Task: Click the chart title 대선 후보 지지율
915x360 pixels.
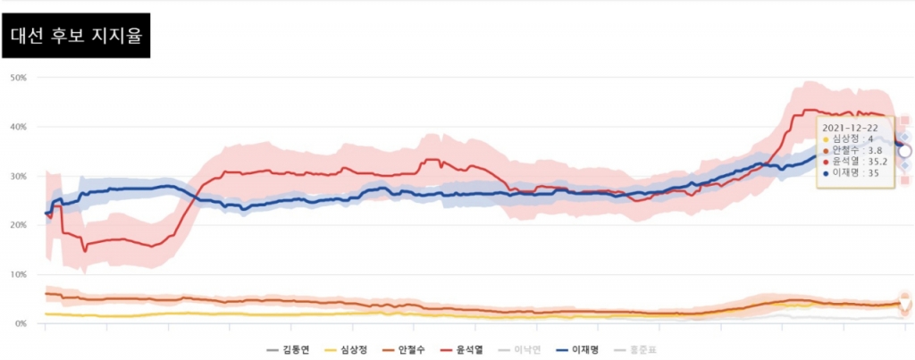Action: (x=76, y=38)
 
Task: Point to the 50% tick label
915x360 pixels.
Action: (x=19, y=78)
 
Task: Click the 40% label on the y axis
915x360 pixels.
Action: (x=19, y=127)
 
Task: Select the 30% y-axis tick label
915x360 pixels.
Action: (x=19, y=176)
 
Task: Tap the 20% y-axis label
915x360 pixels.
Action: (x=19, y=225)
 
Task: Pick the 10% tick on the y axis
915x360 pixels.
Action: (x=19, y=274)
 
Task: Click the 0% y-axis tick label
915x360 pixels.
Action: (x=21, y=323)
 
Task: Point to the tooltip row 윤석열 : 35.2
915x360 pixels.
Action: (x=860, y=162)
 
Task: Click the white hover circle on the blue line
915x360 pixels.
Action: (x=904, y=152)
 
